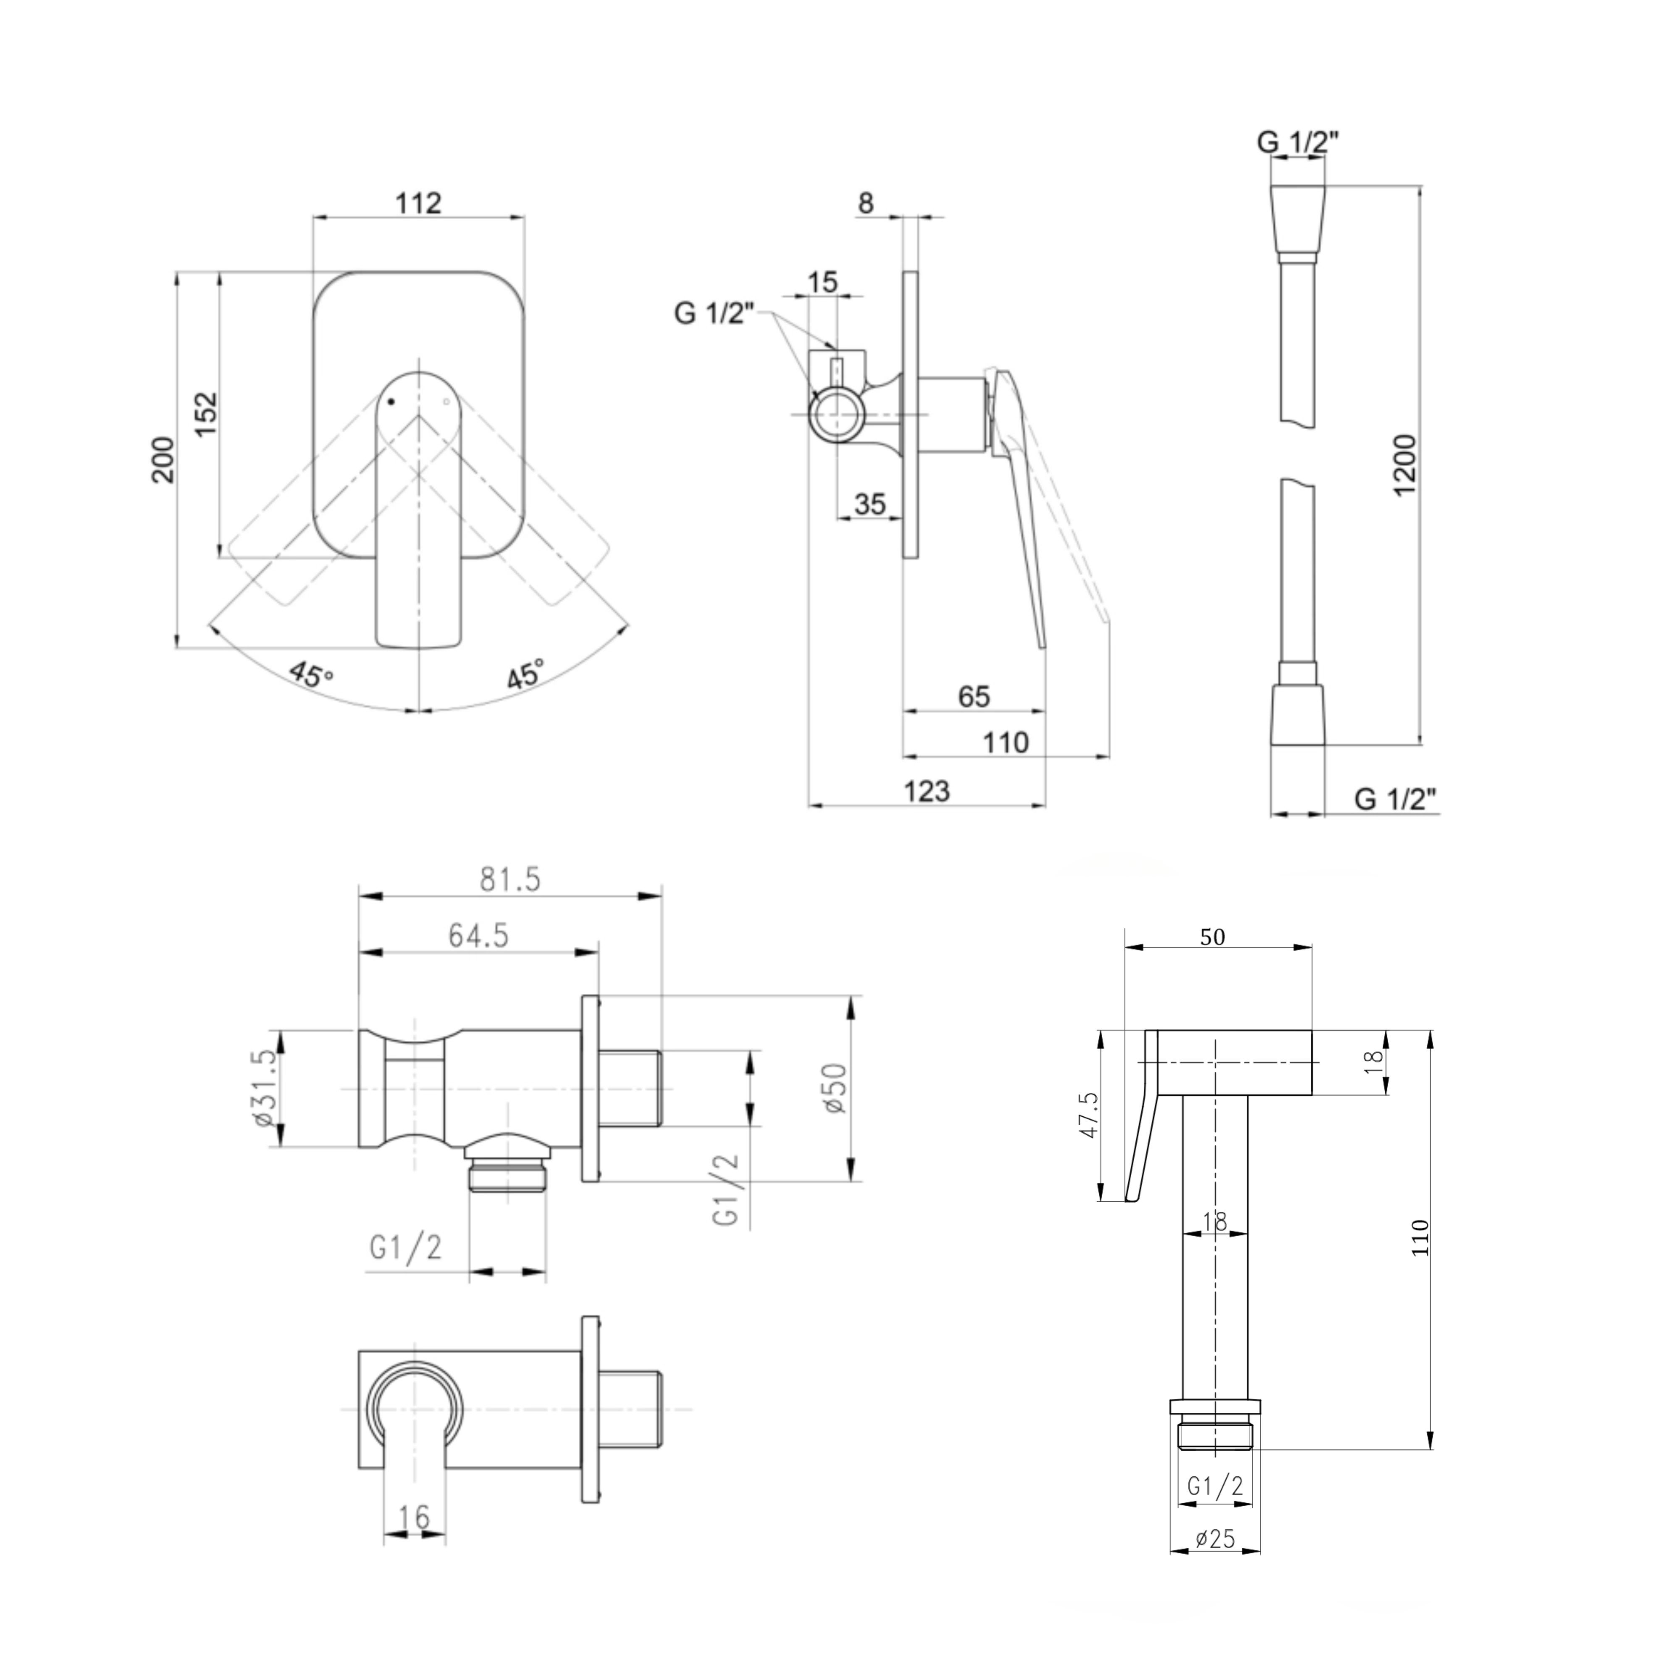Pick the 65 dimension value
974,696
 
